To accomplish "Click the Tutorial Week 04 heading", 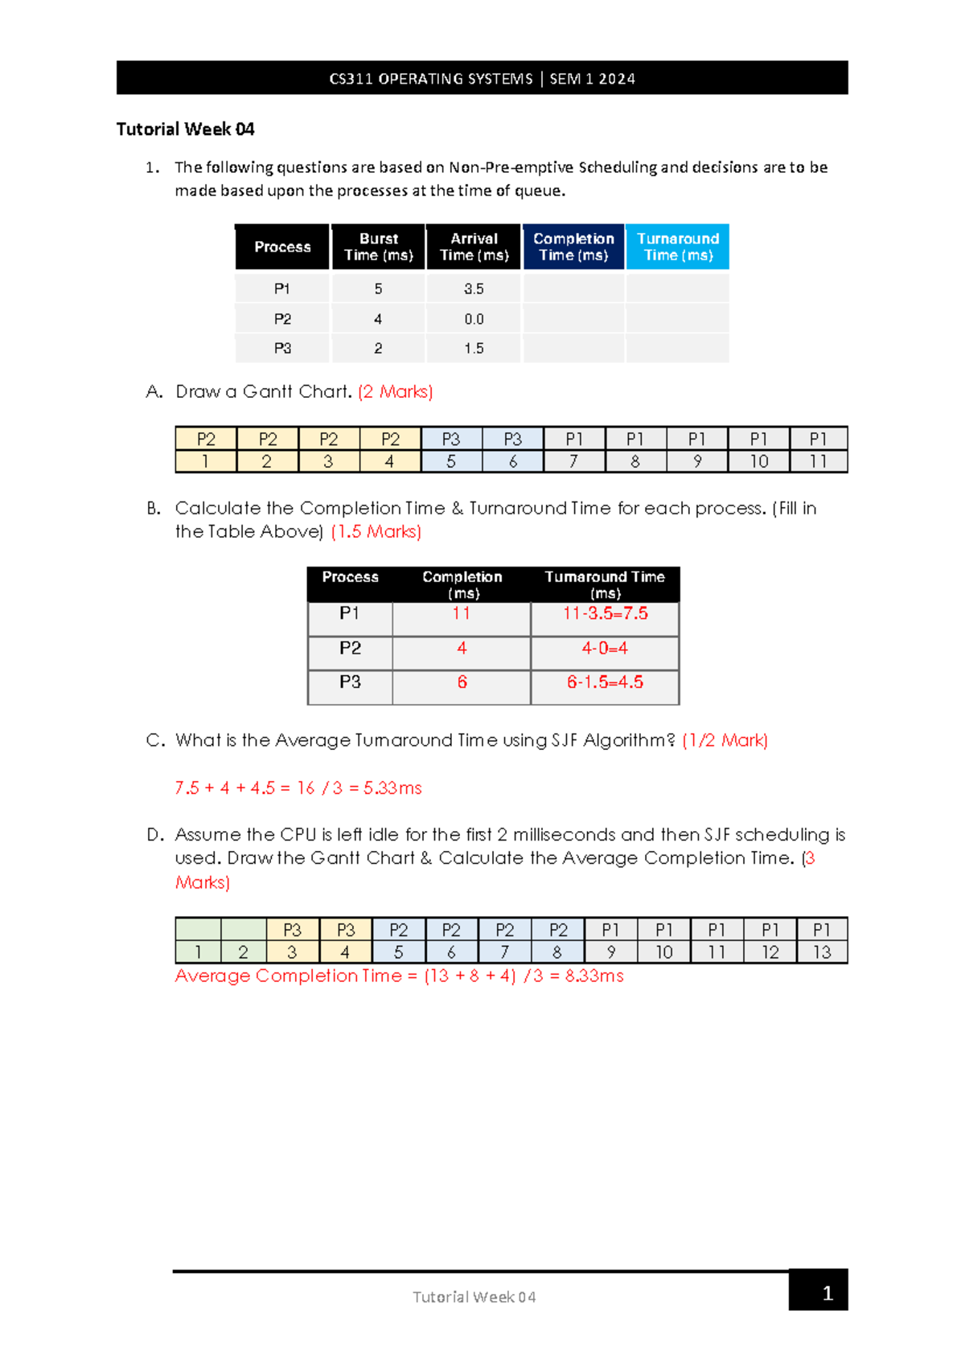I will point(185,129).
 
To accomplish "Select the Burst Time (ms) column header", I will point(378,247).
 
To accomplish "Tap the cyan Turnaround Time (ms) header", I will point(677,247).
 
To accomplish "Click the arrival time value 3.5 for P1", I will point(474,289).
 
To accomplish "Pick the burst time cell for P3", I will point(378,348).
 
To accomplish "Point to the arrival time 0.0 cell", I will point(474,319).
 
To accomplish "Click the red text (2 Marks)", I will point(395,391).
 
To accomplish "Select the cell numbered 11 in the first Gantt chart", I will point(818,461).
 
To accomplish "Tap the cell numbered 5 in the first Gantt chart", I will point(451,461).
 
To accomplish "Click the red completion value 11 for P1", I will point(461,613).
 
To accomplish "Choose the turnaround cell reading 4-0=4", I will point(605,648).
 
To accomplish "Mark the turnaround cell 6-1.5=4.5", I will point(605,682).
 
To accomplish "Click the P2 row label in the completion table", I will point(350,648).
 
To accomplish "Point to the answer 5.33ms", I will point(392,788).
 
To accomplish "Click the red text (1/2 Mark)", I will point(725,740).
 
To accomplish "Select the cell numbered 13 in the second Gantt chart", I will point(822,952).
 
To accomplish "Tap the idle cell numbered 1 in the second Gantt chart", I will point(198,952).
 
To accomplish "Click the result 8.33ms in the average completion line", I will point(594,976).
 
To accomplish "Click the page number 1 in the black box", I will point(827,1293).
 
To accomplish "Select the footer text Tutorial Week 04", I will point(474,1296).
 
